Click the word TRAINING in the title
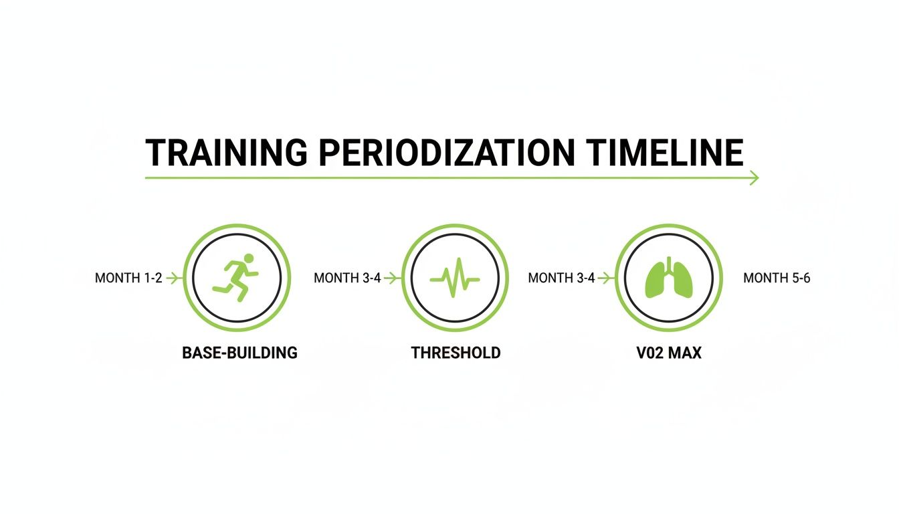pos(226,153)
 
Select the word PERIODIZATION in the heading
pos(446,153)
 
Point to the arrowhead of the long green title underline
pos(755,177)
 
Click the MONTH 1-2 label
pos(128,278)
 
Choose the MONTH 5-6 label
pos(777,278)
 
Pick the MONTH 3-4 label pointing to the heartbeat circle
pos(347,278)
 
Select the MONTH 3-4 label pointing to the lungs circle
pos(561,278)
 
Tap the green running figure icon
pos(235,276)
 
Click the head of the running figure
pos(249,258)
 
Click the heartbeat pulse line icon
pos(455,278)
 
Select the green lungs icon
pos(668,278)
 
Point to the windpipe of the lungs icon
pos(668,264)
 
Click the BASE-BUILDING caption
pos(239,353)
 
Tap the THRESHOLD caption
pos(456,353)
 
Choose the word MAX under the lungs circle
pos(684,353)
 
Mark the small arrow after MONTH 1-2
pos(173,278)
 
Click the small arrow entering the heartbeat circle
pos(391,278)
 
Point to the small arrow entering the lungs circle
pos(605,278)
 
